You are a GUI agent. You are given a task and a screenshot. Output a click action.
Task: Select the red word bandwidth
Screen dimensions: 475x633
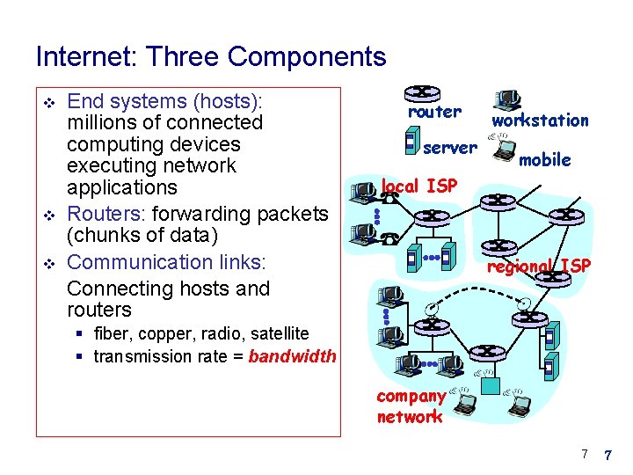(292, 356)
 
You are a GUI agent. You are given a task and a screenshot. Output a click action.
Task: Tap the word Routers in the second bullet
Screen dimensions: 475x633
(101, 214)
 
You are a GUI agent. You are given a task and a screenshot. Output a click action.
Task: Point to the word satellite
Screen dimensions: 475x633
(280, 333)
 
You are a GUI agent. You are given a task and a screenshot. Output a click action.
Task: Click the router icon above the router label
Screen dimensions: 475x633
(424, 93)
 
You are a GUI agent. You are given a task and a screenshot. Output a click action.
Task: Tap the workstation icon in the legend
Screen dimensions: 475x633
(506, 99)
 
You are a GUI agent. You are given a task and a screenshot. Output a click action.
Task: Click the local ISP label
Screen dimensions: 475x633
(418, 186)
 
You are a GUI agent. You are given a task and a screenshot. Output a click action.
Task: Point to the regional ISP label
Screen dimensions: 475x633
(539, 266)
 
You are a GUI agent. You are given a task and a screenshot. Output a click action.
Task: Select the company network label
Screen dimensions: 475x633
(410, 406)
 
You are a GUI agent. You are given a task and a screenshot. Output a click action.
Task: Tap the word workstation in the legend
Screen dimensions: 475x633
(540, 121)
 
